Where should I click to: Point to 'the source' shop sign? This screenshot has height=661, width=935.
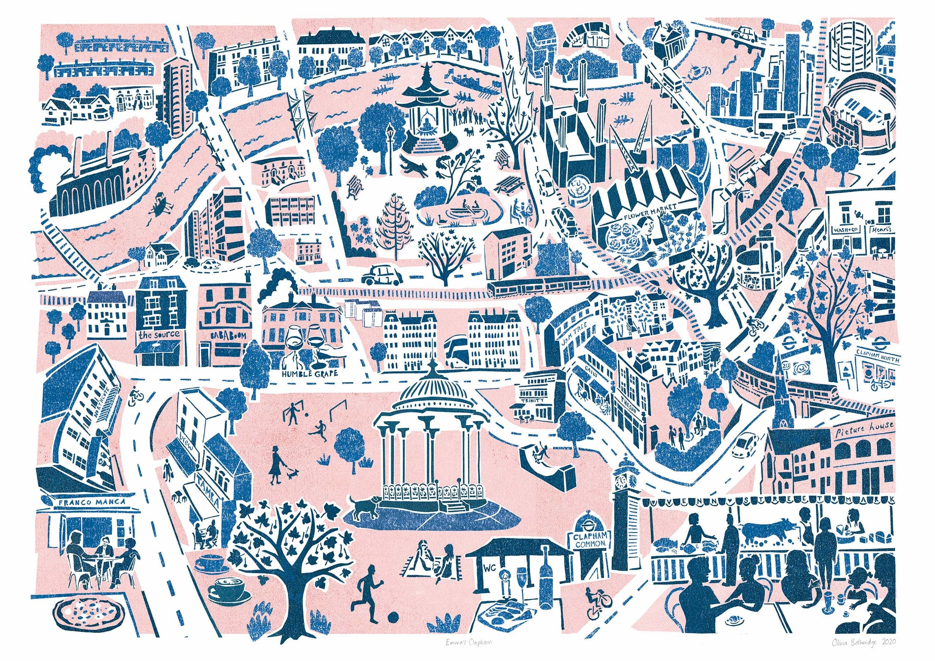click(160, 334)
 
